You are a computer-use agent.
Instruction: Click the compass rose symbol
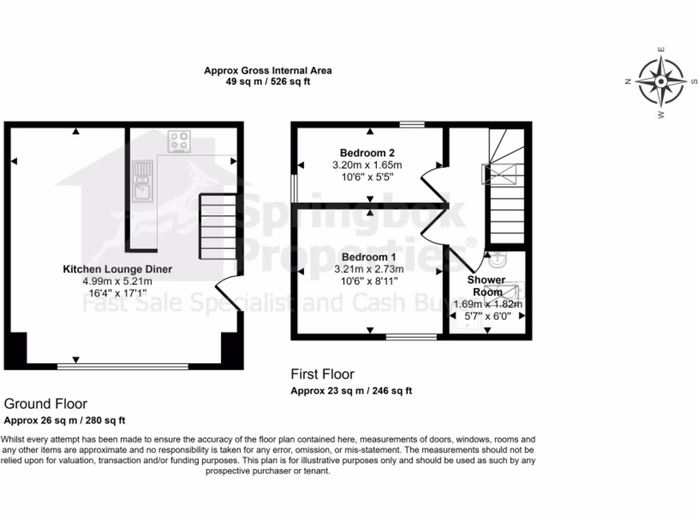[x=660, y=81]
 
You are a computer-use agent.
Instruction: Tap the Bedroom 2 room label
[x=367, y=153]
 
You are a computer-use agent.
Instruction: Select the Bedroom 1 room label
[x=369, y=257]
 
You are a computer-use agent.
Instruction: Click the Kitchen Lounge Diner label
[x=117, y=269]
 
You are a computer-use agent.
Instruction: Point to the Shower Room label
[x=487, y=286]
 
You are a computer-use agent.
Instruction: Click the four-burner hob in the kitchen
[x=180, y=142]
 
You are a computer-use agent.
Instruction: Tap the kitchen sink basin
[x=142, y=191]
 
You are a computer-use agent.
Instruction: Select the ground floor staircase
[x=217, y=226]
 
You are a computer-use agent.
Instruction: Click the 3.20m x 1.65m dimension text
[x=367, y=165]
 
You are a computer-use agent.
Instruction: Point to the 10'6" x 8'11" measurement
[x=368, y=281]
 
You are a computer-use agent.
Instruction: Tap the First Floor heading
[x=322, y=374]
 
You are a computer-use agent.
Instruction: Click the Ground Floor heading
[x=46, y=404]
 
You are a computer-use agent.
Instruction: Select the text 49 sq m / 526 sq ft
[x=268, y=81]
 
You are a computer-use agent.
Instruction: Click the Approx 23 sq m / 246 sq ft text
[x=351, y=391]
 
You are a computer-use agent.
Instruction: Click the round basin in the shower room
[x=498, y=259]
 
